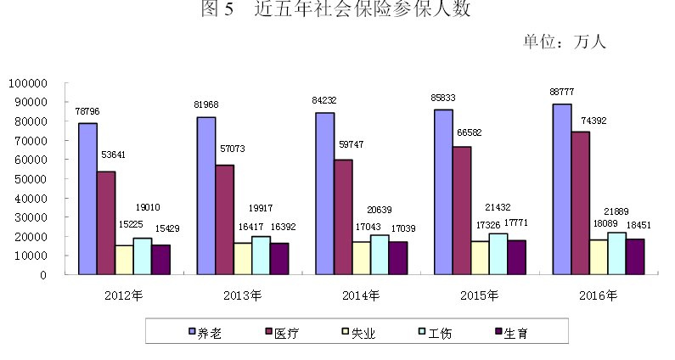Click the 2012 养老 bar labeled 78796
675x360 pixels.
tap(87, 199)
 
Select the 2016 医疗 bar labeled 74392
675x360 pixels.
tap(580, 203)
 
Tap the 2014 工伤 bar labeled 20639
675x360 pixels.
tap(380, 255)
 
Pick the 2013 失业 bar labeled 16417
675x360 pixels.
tap(243, 258)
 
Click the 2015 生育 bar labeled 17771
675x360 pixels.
tap(517, 257)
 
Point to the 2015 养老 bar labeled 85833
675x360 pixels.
tap(443, 192)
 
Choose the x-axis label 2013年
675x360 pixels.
tap(242, 296)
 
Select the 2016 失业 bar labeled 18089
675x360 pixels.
tap(599, 256)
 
